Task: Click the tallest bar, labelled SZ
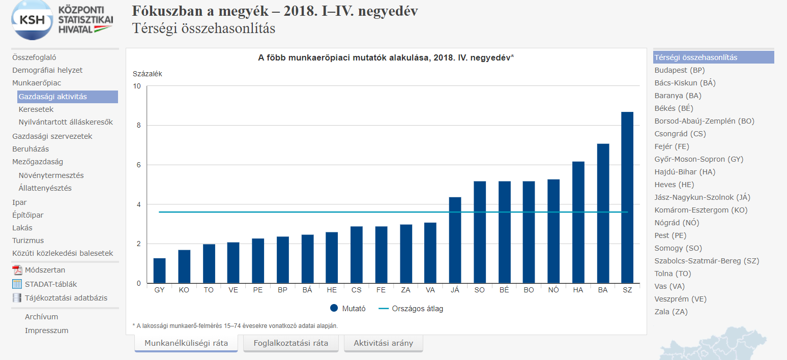[x=627, y=197]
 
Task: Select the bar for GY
[x=160, y=271]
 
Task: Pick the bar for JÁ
[x=455, y=240]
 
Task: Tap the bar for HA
[x=578, y=222]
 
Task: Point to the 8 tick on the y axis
[x=138, y=126]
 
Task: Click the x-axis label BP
[x=282, y=290]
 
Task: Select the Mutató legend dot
[x=334, y=308]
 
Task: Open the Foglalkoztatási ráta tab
[x=291, y=343]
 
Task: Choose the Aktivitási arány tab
[x=383, y=343]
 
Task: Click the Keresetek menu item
[x=36, y=109]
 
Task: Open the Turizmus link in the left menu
[x=28, y=241]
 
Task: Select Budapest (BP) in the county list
[x=680, y=70]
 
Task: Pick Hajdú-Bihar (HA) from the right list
[x=685, y=172]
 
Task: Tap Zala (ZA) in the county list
[x=671, y=312]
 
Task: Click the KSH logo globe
[x=33, y=20]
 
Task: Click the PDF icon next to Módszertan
[x=17, y=270]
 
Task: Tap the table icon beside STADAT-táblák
[x=17, y=284]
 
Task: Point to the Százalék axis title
[x=147, y=74]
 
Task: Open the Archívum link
[x=41, y=317]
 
